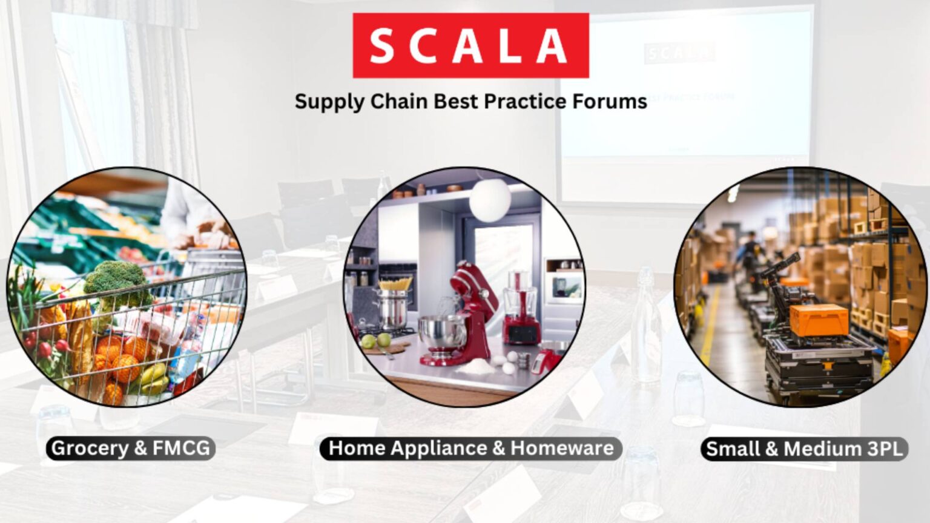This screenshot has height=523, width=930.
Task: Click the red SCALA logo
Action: click(x=470, y=45)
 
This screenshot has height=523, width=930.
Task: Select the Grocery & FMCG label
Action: click(x=130, y=449)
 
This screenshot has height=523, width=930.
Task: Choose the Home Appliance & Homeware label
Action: click(x=470, y=449)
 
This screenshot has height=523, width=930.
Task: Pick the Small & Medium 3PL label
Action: click(x=804, y=449)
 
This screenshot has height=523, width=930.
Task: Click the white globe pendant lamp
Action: click(x=490, y=199)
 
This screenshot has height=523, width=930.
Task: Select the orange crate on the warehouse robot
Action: click(x=818, y=319)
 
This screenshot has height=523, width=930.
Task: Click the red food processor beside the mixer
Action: click(x=521, y=309)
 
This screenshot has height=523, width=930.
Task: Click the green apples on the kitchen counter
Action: click(x=375, y=341)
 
